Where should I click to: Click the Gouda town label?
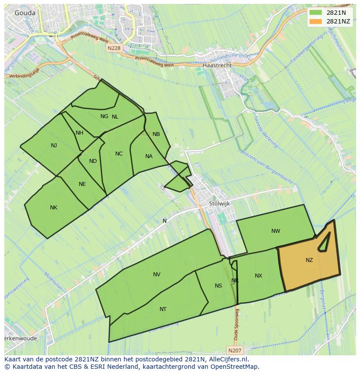tap(25, 13)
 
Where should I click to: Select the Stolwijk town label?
tap(219, 203)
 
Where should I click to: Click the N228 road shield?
tap(113, 49)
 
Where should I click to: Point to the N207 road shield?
tap(234, 349)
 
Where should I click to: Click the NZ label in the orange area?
tap(309, 260)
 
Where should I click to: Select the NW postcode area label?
tap(276, 231)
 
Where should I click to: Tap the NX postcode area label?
tap(258, 276)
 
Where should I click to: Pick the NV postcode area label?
tap(157, 274)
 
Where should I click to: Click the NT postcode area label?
tap(163, 309)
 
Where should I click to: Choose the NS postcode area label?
tap(218, 285)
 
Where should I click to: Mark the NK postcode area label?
tap(53, 208)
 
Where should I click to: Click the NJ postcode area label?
tap(54, 146)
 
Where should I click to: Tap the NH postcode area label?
tap(79, 133)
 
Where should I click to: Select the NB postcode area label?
tap(156, 134)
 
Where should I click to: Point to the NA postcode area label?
tap(149, 156)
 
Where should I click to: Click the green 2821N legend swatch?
tap(316, 13)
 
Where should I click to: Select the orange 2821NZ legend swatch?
tap(316, 21)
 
